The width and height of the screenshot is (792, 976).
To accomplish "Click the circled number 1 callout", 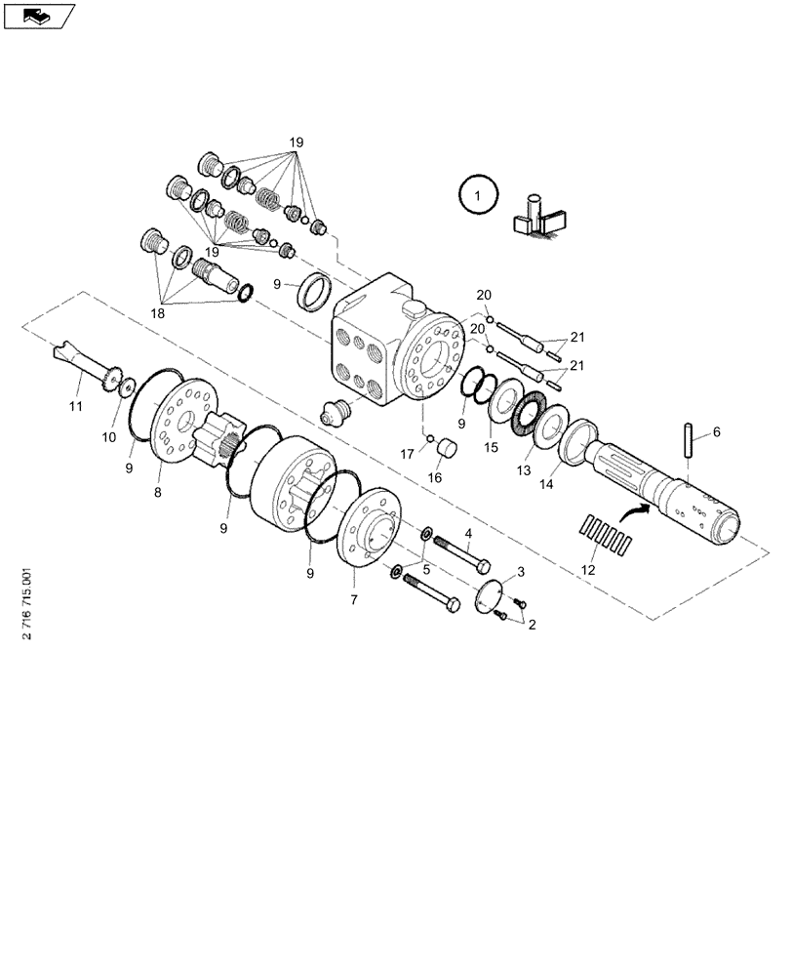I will pos(477,196).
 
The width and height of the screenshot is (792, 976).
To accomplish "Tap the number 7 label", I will pos(353,597).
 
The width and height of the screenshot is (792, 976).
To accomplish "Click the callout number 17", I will pos(406,453).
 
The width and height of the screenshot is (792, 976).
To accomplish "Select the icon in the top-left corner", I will pos(38,16).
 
